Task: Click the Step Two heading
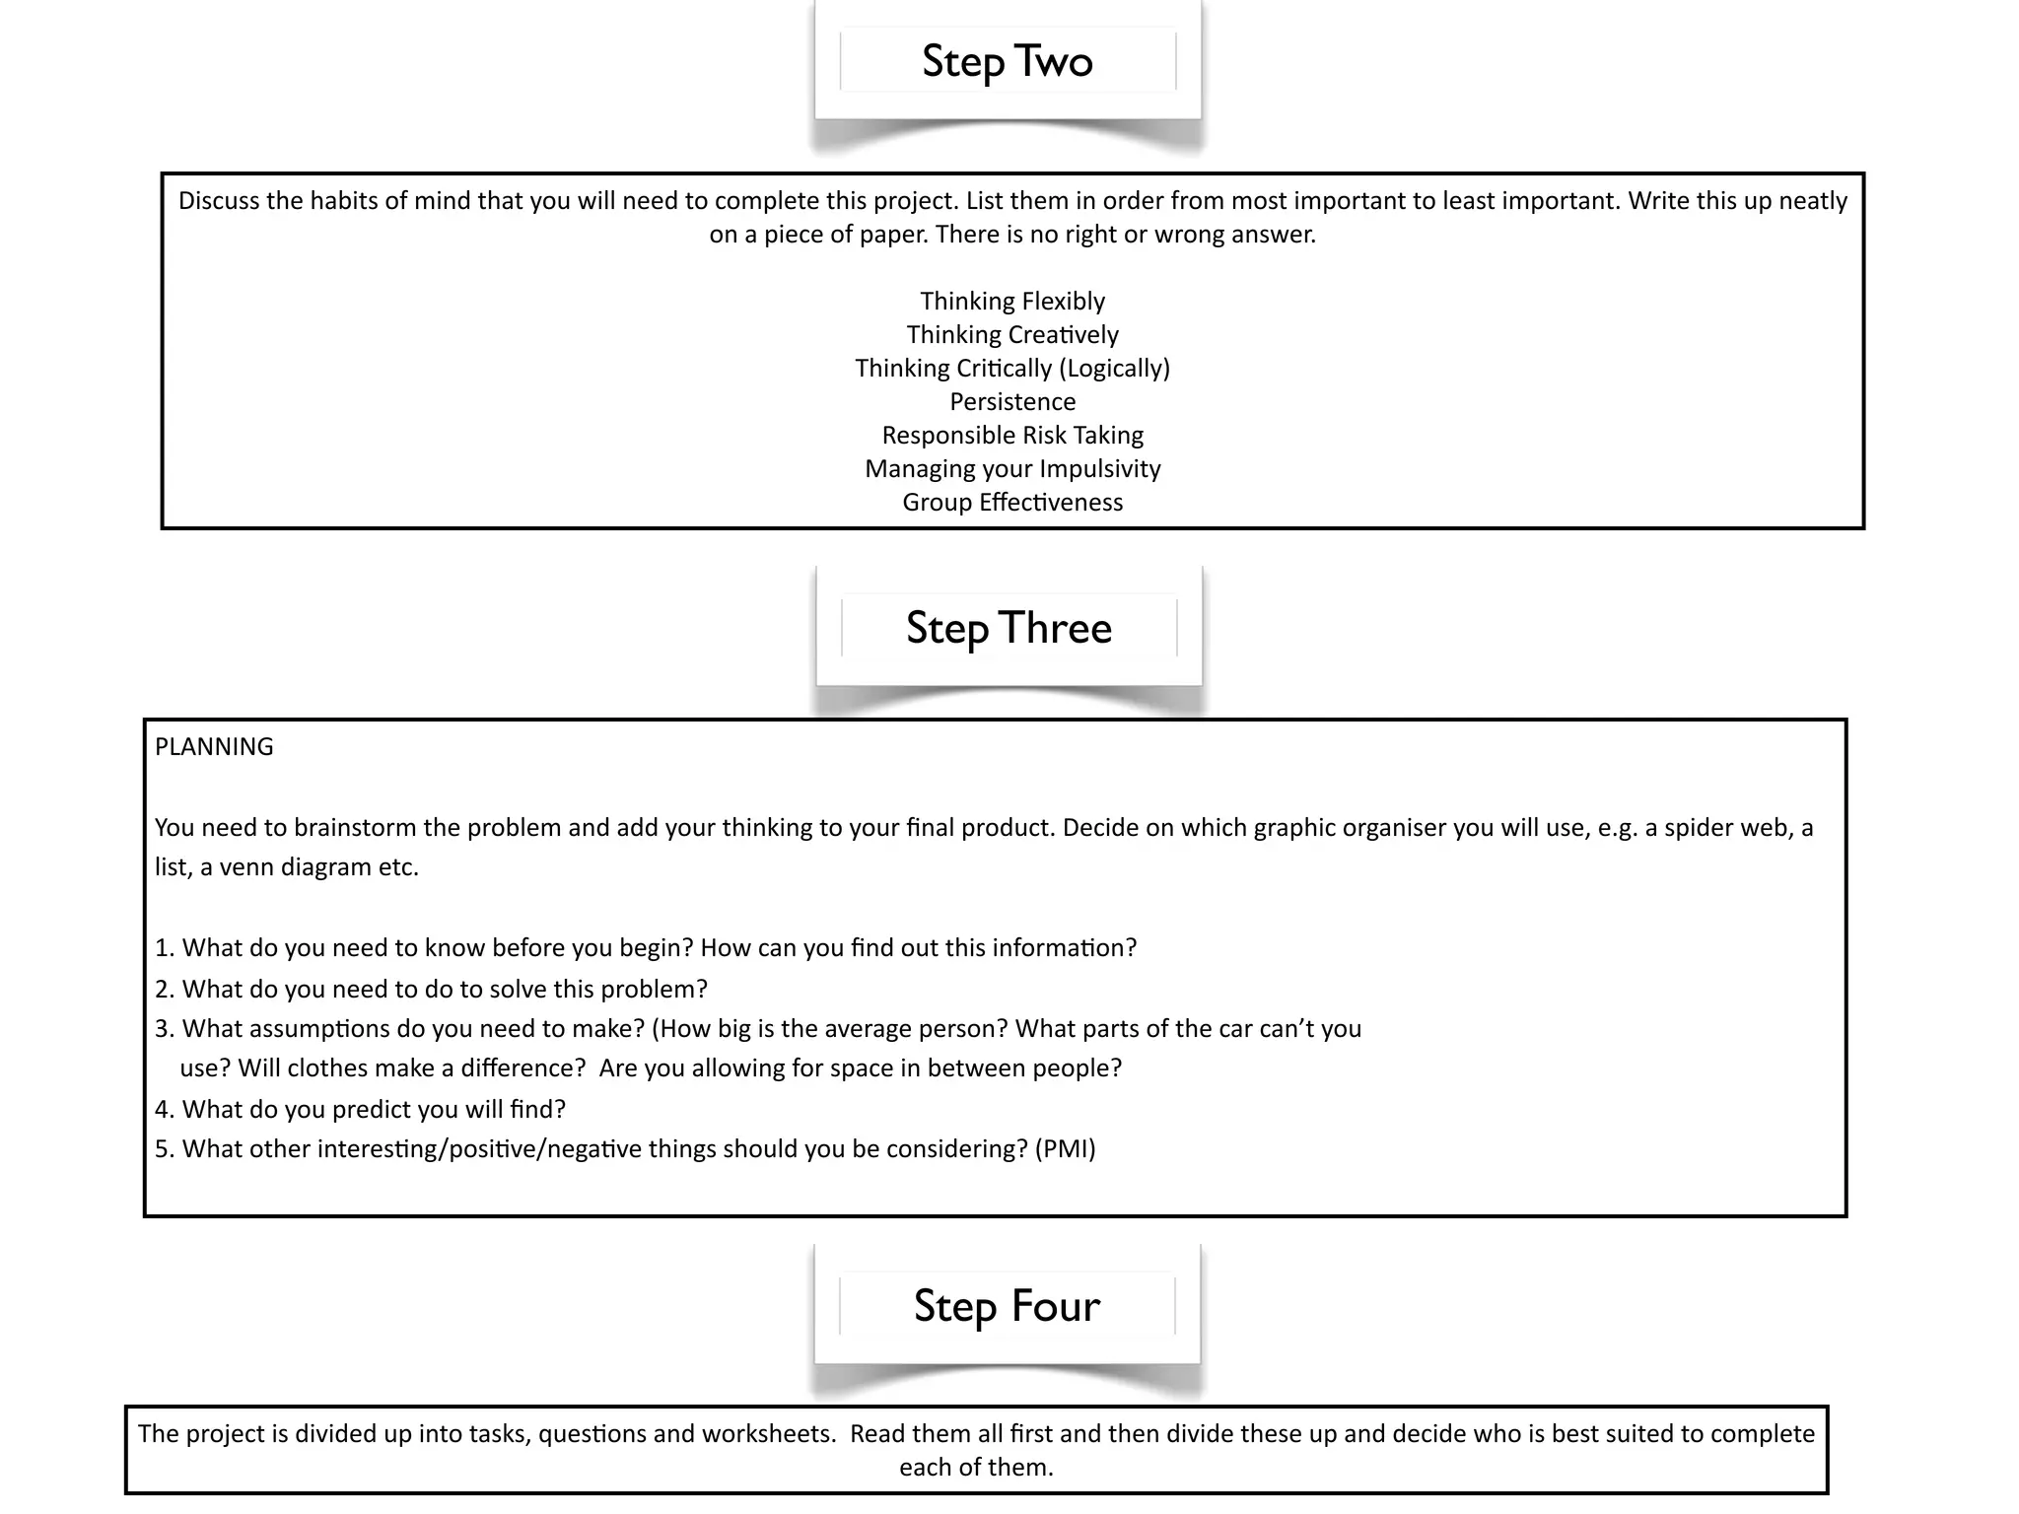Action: (x=1008, y=61)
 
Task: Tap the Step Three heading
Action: (x=1009, y=628)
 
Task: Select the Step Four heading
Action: (x=1007, y=1306)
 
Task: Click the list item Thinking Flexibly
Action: (x=1012, y=301)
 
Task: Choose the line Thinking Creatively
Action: (x=1012, y=334)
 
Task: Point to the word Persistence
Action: (x=1012, y=401)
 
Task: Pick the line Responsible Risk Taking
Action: (x=1012, y=435)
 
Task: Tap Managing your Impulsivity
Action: (x=1012, y=468)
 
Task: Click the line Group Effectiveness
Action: (x=1012, y=502)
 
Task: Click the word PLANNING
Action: (x=214, y=746)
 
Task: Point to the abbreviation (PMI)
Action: (x=1066, y=1148)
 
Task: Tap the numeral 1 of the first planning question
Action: (x=162, y=947)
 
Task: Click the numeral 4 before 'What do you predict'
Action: (x=163, y=1109)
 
